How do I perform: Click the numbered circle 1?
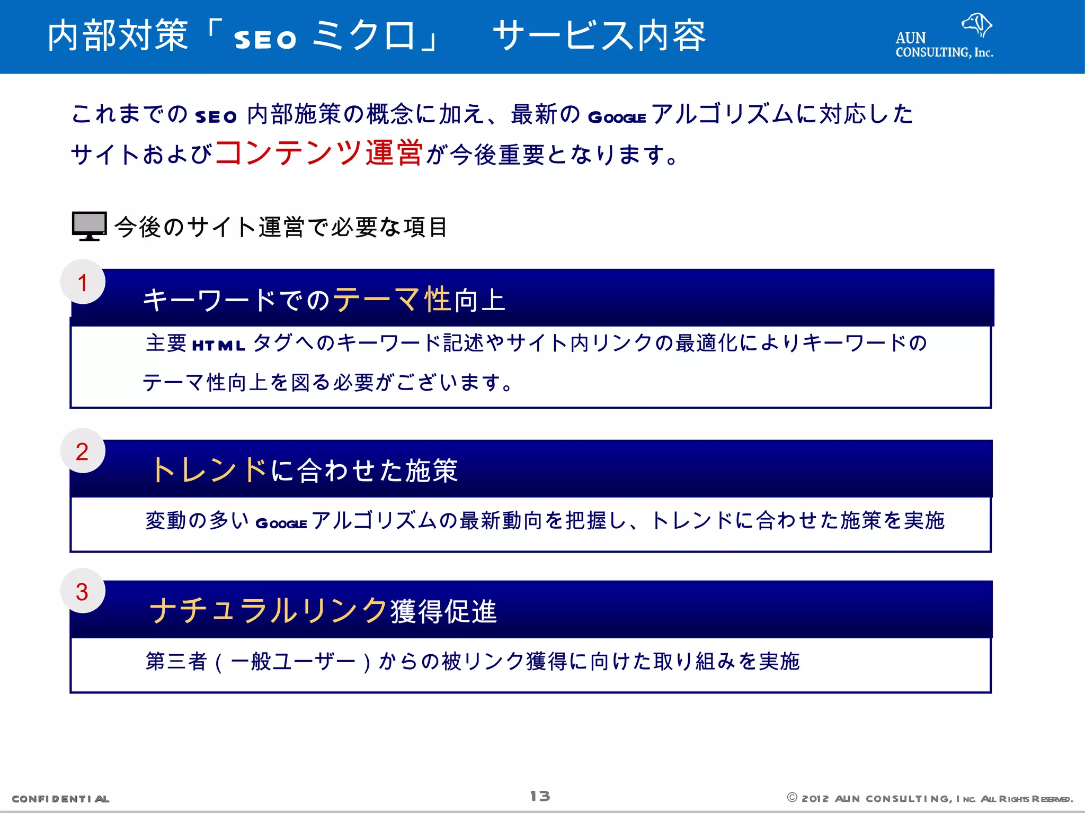pyautogui.click(x=83, y=282)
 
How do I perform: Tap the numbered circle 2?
pyautogui.click(x=83, y=451)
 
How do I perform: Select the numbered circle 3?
pyautogui.click(x=83, y=591)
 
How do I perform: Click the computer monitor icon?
pyautogui.click(x=89, y=226)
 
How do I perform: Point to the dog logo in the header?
pyautogui.click(x=976, y=24)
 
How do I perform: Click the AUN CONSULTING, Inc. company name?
pyautogui.click(x=944, y=46)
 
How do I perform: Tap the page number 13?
pyautogui.click(x=540, y=796)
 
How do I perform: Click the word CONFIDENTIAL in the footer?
pyautogui.click(x=60, y=799)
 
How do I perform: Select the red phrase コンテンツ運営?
pyautogui.click(x=319, y=153)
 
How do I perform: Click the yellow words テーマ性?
pyautogui.click(x=392, y=300)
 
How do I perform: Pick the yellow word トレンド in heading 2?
pyautogui.click(x=209, y=469)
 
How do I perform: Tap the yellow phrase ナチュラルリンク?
pyautogui.click(x=269, y=610)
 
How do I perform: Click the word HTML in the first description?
pyautogui.click(x=218, y=346)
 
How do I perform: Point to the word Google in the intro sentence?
pyautogui.click(x=617, y=117)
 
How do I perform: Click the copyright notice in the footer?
pyautogui.click(x=930, y=799)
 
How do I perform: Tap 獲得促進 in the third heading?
pyautogui.click(x=444, y=611)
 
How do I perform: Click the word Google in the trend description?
pyautogui.click(x=281, y=523)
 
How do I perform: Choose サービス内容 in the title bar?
pyautogui.click(x=599, y=36)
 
